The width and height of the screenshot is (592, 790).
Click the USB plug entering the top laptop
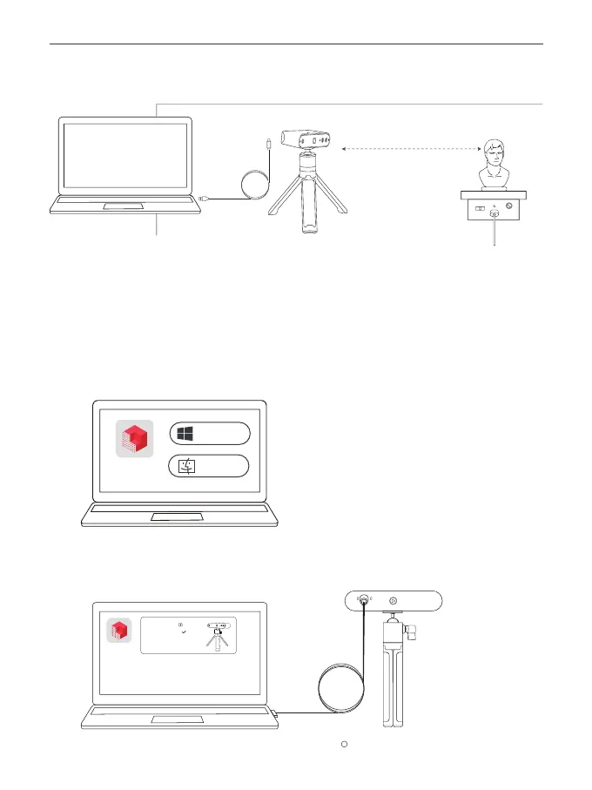(x=205, y=199)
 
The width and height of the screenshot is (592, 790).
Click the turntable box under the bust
(x=494, y=210)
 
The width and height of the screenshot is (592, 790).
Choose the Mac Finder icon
(x=187, y=465)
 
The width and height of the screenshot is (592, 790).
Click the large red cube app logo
(x=134, y=439)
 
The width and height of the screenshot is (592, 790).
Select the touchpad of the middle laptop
(x=178, y=517)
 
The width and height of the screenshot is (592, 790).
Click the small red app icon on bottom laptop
(x=119, y=630)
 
